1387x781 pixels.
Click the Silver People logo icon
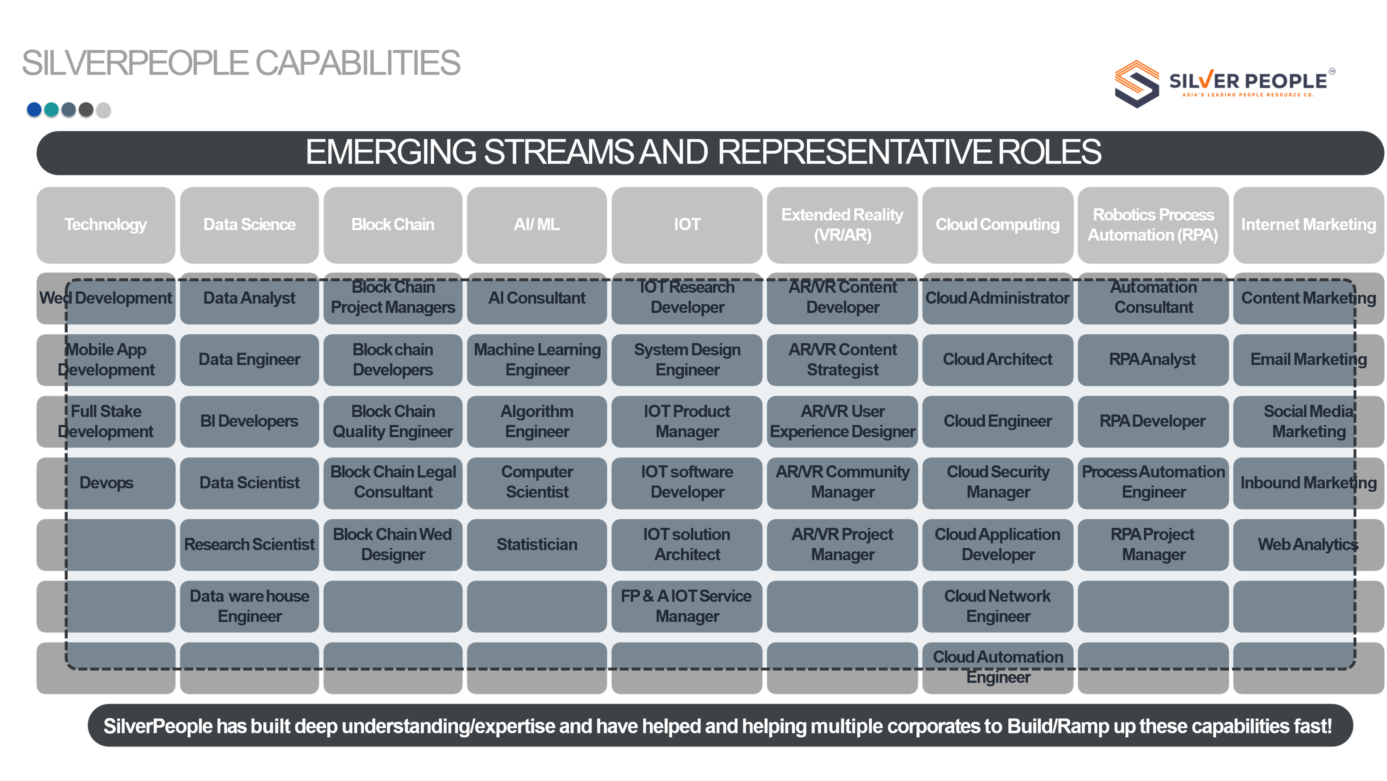click(x=1137, y=84)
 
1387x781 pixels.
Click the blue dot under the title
click(x=34, y=110)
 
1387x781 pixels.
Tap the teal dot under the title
click(x=51, y=110)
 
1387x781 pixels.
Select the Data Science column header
click(x=249, y=225)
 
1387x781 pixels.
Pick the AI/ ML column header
click(x=537, y=225)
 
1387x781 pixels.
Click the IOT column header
click(x=687, y=225)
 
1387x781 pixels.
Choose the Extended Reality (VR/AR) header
click(x=842, y=225)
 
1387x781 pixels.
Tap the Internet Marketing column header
click(x=1308, y=225)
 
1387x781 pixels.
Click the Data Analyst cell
click(x=249, y=299)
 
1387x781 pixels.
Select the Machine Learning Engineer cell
click(x=537, y=360)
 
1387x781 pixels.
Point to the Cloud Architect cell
click(x=998, y=360)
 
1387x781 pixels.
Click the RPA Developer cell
click(x=1153, y=421)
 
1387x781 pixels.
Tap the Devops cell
click(x=106, y=483)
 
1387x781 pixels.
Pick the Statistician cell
click(x=537, y=545)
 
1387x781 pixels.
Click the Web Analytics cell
click(x=1308, y=545)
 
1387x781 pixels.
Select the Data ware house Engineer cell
click(x=249, y=606)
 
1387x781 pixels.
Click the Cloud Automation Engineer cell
click(x=998, y=668)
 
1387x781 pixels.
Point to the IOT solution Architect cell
click(x=687, y=545)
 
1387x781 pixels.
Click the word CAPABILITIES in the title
click(x=358, y=63)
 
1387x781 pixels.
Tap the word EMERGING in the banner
click(x=391, y=152)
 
